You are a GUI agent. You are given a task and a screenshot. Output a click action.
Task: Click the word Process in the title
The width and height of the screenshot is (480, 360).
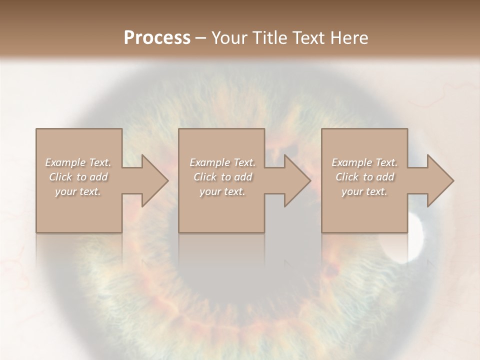157,38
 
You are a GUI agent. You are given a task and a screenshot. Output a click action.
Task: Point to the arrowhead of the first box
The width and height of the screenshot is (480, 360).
153,180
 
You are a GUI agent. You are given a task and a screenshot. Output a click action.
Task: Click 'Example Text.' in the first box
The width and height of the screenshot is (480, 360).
78,162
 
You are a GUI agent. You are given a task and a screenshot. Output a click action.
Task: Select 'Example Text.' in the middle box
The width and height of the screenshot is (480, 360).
222,162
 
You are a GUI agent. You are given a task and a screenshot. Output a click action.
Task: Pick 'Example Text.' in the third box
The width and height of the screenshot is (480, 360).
364,162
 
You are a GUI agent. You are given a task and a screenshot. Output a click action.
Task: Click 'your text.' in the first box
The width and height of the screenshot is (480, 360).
78,191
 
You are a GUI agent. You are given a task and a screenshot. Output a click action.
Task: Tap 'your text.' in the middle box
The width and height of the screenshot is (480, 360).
222,191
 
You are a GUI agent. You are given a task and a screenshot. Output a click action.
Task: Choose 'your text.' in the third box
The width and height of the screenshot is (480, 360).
364,191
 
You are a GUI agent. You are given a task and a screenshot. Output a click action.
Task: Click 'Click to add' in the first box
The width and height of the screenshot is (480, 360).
78,177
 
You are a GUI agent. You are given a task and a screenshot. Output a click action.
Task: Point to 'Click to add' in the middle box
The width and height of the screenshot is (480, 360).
222,177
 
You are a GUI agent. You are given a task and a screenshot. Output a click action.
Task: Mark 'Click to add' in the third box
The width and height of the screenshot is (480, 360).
364,177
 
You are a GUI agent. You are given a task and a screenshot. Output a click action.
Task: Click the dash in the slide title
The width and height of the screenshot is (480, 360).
201,38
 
